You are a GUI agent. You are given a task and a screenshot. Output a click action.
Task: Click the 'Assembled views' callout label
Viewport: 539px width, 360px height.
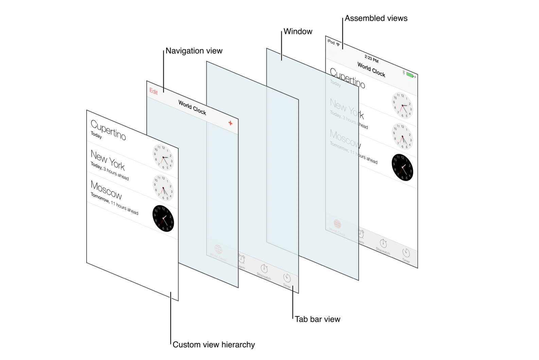pos(376,18)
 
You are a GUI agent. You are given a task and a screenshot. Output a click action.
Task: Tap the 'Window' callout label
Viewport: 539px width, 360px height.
pos(298,32)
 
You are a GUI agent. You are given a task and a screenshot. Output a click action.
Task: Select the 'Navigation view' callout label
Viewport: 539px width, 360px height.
pos(194,51)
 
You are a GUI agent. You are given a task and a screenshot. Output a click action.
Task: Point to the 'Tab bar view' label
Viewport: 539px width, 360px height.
pos(317,319)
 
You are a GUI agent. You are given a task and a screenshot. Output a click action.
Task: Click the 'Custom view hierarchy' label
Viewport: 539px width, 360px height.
pos(213,345)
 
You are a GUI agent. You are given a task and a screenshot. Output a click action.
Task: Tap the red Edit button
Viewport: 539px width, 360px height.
pos(154,92)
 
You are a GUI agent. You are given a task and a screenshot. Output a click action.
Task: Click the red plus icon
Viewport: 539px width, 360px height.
pos(230,123)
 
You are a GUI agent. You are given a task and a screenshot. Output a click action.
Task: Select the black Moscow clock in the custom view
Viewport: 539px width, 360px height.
pos(163,218)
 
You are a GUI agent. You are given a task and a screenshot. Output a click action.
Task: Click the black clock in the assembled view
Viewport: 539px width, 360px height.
pos(402,167)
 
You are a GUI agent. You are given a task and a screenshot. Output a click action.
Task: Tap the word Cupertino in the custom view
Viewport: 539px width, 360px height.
pos(108,130)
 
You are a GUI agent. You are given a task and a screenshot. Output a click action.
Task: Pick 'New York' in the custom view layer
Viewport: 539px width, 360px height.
pos(108,160)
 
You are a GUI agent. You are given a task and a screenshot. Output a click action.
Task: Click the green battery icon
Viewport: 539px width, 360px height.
pos(410,75)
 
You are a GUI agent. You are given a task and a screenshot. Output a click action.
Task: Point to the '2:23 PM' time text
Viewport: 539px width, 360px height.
pos(371,59)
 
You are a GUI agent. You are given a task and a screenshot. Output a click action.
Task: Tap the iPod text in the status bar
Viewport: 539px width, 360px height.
pos(331,42)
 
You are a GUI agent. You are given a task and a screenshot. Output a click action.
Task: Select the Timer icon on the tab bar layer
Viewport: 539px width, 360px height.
pos(287,278)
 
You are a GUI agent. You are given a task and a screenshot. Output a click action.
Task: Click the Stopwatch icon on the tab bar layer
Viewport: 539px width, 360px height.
pos(264,269)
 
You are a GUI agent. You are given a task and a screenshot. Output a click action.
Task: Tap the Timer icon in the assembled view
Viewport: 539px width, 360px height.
pos(406,253)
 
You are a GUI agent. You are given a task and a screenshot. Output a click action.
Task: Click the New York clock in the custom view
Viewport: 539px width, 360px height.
pos(163,158)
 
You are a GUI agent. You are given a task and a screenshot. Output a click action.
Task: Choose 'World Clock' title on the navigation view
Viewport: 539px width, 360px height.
pos(192,108)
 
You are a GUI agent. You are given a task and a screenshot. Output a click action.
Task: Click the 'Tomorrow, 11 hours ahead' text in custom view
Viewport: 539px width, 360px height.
pos(114,204)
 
